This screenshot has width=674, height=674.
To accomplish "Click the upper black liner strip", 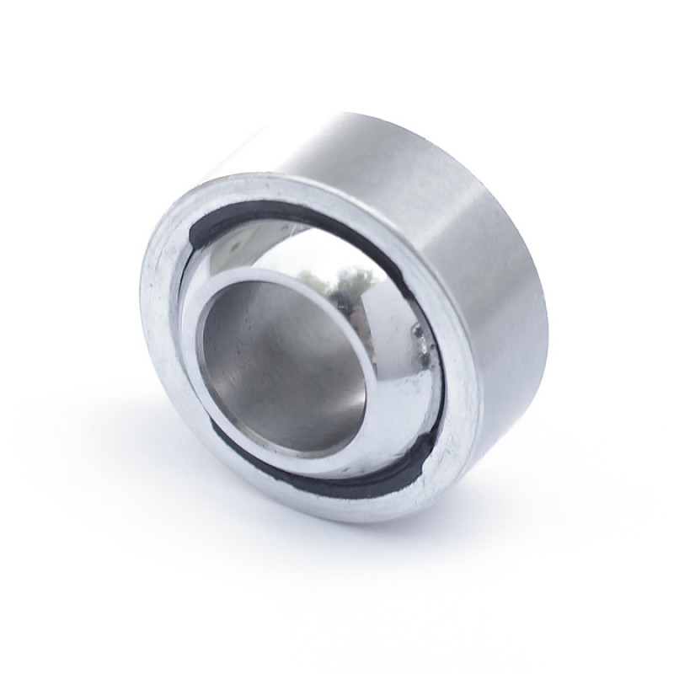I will click(x=278, y=211).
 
